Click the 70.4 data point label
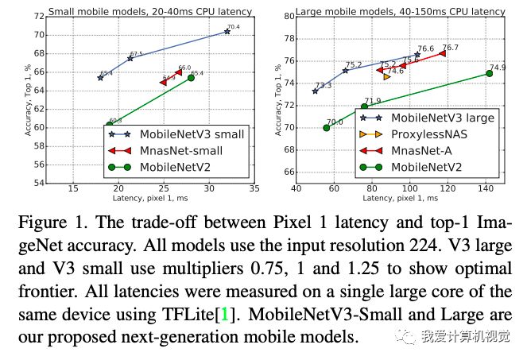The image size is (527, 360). tap(232, 27)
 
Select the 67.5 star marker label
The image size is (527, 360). tap(137, 54)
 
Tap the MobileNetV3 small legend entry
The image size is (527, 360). tap(192, 134)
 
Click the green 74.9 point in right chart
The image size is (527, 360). tap(490, 73)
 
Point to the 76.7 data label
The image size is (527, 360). tap(451, 48)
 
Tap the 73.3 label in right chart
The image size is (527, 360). tap(324, 86)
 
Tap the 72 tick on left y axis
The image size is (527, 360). tap(37, 16)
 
